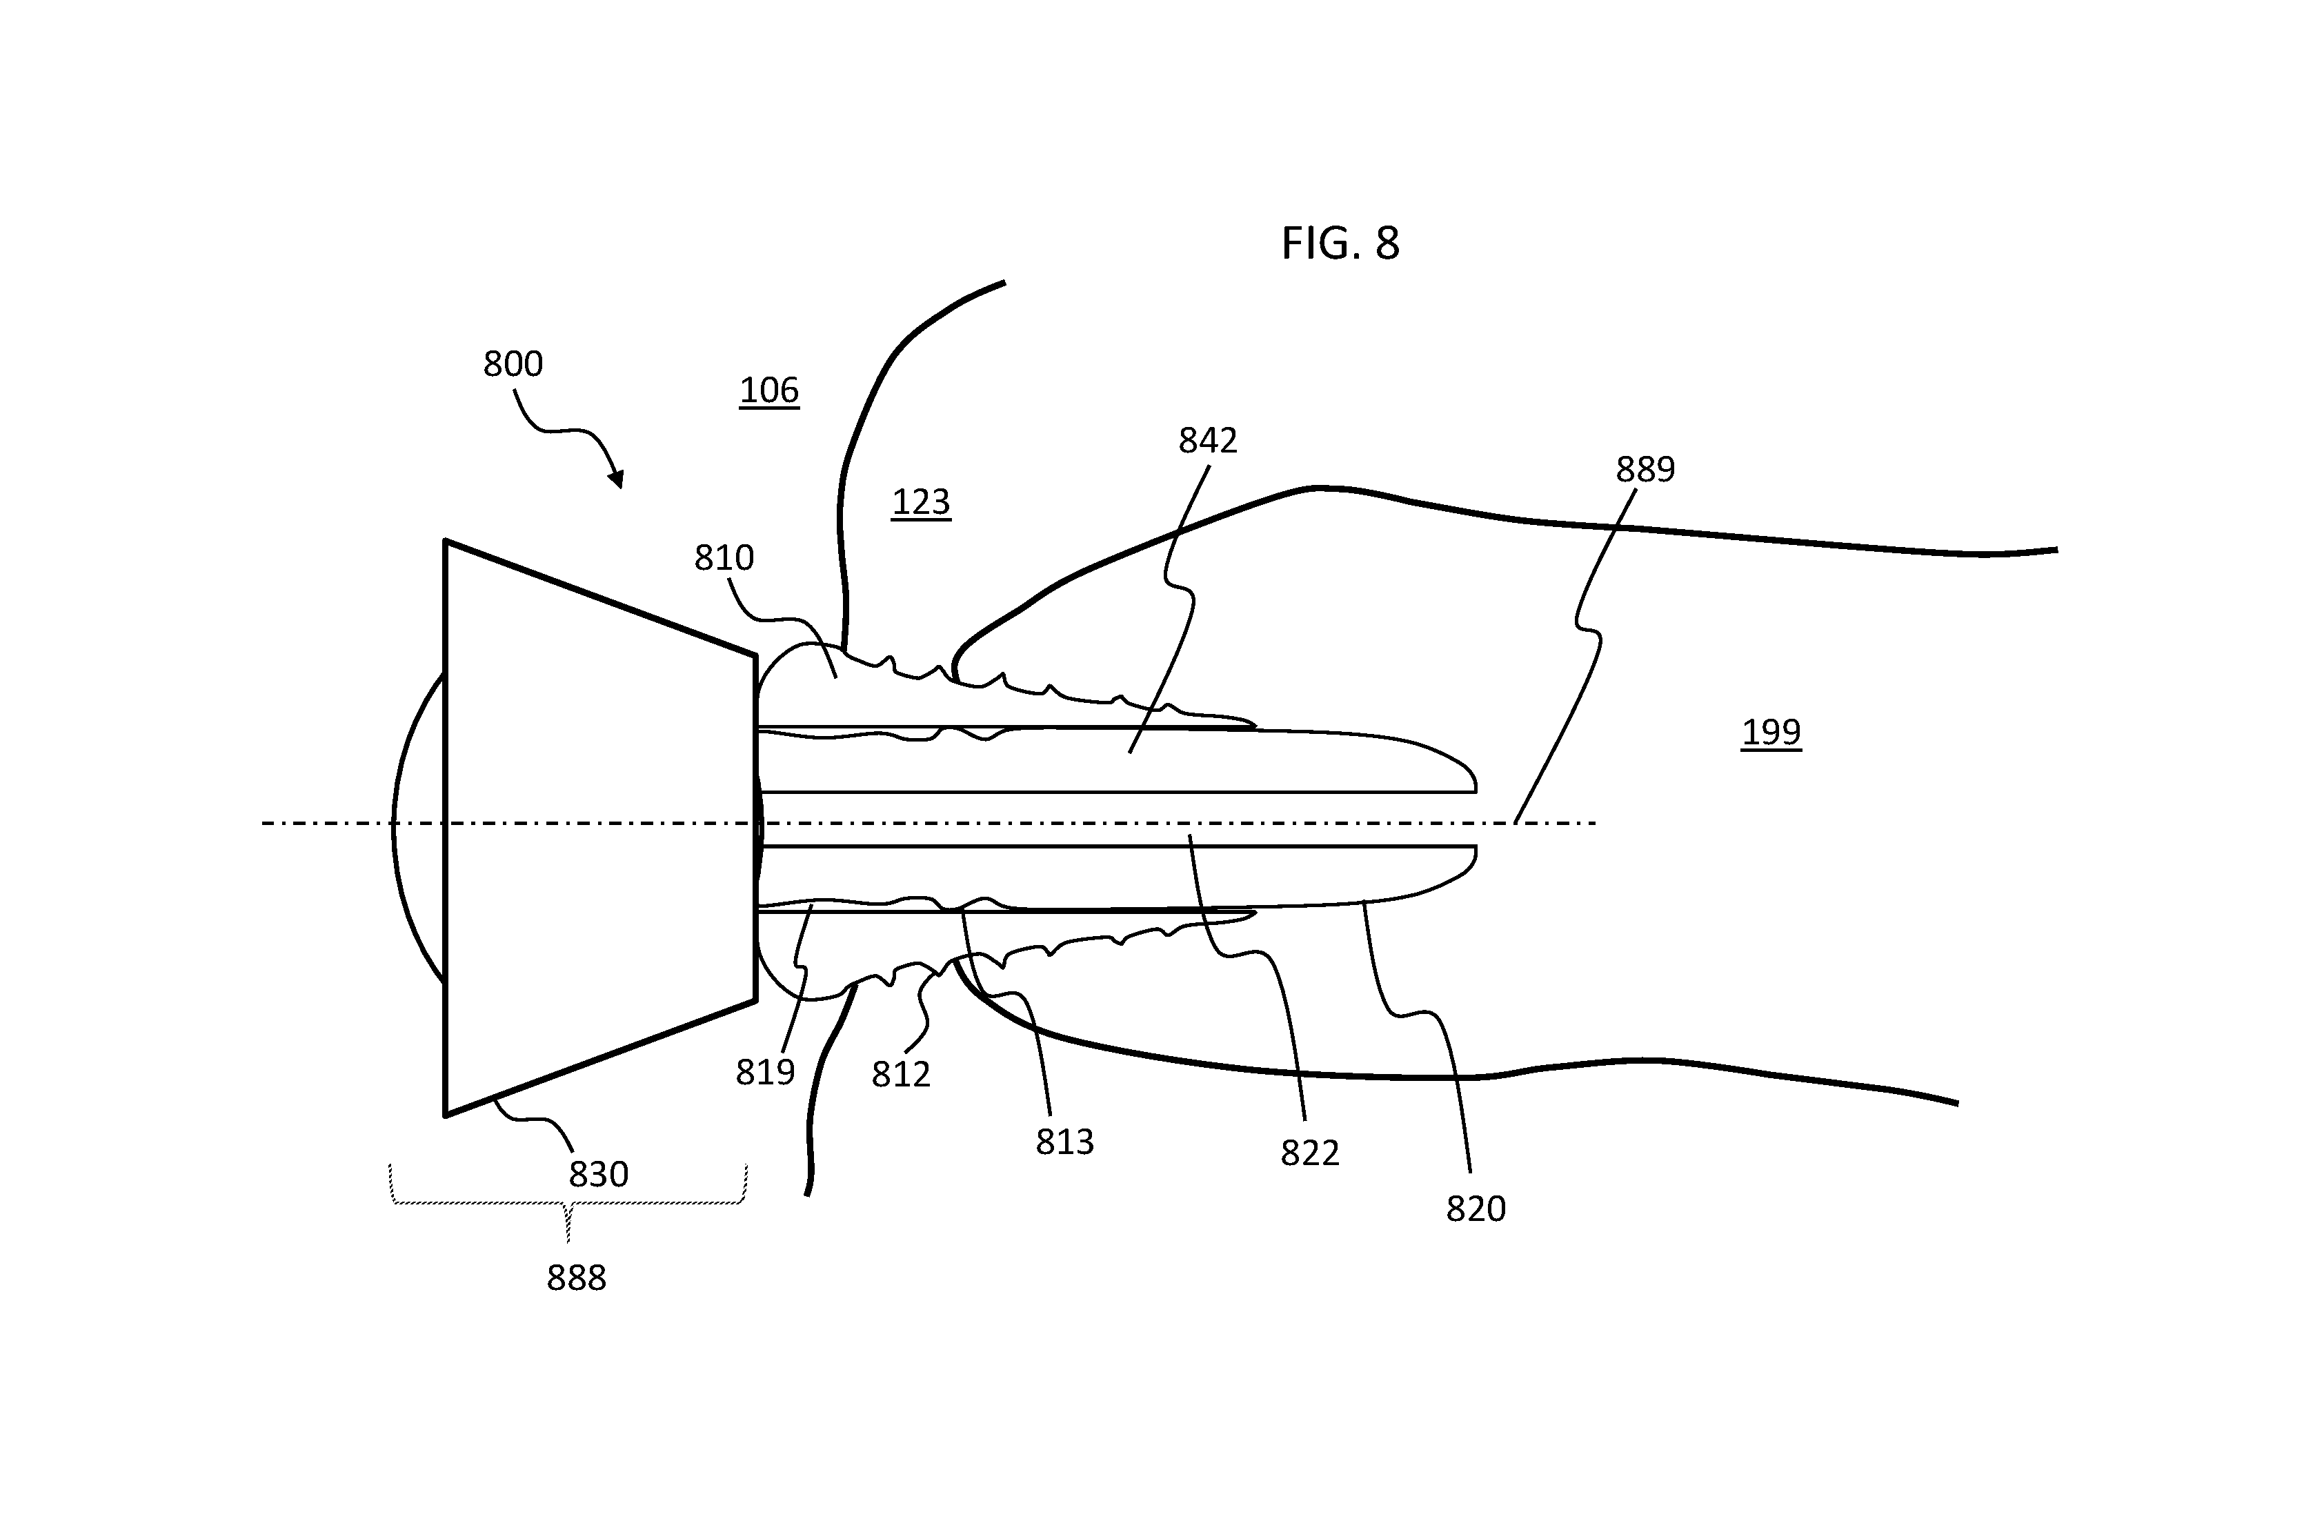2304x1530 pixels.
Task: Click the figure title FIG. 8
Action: (x=1340, y=243)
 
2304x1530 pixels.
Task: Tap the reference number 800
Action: (x=513, y=364)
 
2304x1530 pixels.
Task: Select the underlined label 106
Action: (x=769, y=390)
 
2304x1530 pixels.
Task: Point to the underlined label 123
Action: (x=920, y=501)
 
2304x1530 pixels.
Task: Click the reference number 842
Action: (x=1208, y=441)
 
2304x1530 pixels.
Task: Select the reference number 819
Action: (x=765, y=1073)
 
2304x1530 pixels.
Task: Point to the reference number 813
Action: (x=1064, y=1142)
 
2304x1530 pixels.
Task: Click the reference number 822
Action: (x=1309, y=1153)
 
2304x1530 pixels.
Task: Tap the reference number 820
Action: (x=1476, y=1209)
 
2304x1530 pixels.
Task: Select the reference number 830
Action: (x=598, y=1174)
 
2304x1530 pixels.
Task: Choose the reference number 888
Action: (x=576, y=1278)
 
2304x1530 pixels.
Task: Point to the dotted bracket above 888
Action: (x=568, y=1203)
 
